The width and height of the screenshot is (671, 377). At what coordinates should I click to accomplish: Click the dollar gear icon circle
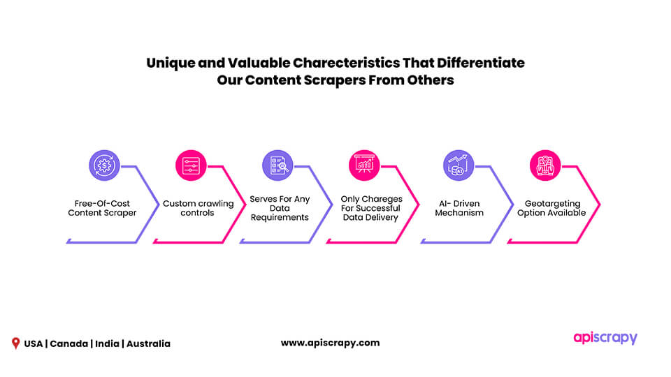104,165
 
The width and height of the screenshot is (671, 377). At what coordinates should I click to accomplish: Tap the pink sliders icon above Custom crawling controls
191,165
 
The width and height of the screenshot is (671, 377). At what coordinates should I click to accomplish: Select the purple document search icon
277,165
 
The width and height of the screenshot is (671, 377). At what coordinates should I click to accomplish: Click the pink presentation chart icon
364,165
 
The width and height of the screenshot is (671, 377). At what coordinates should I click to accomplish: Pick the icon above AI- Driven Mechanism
459,165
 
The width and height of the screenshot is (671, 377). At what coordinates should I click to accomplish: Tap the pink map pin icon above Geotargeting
545,165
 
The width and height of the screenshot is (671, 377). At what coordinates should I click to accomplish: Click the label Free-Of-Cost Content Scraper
102,208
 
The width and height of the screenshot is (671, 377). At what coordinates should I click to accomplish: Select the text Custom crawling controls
198,208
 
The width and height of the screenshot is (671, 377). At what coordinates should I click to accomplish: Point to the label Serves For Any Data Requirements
280,208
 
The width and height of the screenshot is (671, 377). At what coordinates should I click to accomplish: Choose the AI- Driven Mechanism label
459,208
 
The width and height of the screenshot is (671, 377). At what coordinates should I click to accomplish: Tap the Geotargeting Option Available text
551,208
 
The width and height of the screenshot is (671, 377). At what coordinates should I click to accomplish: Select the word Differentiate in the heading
481,63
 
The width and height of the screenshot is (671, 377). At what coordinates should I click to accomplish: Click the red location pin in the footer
16,343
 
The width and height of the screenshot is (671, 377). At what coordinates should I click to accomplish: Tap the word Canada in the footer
69,343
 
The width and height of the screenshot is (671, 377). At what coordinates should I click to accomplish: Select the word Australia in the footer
148,343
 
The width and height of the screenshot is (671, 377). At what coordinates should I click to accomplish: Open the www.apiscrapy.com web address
331,343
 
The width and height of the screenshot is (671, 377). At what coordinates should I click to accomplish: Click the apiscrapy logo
605,338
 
